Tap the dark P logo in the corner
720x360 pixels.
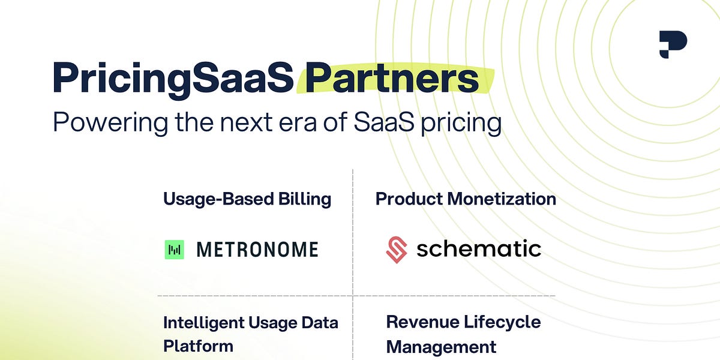pos(672,45)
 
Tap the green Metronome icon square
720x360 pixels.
pos(174,250)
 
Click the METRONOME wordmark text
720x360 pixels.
pos(257,250)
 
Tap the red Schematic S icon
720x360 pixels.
pos(397,250)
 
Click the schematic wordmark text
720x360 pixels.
pos(479,248)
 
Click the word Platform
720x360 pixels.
pos(198,346)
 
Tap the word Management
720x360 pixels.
pos(441,347)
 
